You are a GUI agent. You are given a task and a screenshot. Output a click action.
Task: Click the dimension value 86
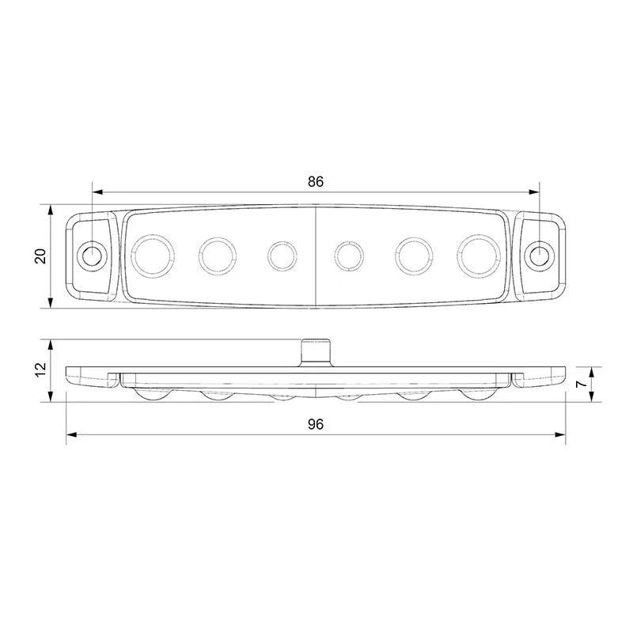point(316,182)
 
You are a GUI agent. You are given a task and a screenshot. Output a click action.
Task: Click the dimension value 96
point(316,424)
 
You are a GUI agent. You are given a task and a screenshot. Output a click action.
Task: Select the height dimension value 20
point(41,256)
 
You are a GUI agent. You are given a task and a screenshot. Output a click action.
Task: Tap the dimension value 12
point(41,370)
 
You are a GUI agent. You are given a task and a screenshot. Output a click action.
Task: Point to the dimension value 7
point(582,384)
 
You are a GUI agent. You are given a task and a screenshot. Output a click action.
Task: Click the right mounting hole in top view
point(539,256)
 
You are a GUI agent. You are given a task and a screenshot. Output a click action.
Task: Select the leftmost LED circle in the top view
point(153,256)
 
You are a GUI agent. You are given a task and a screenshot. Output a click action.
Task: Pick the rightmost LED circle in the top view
point(478,256)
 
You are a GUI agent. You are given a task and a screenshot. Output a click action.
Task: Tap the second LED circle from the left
point(217,256)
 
